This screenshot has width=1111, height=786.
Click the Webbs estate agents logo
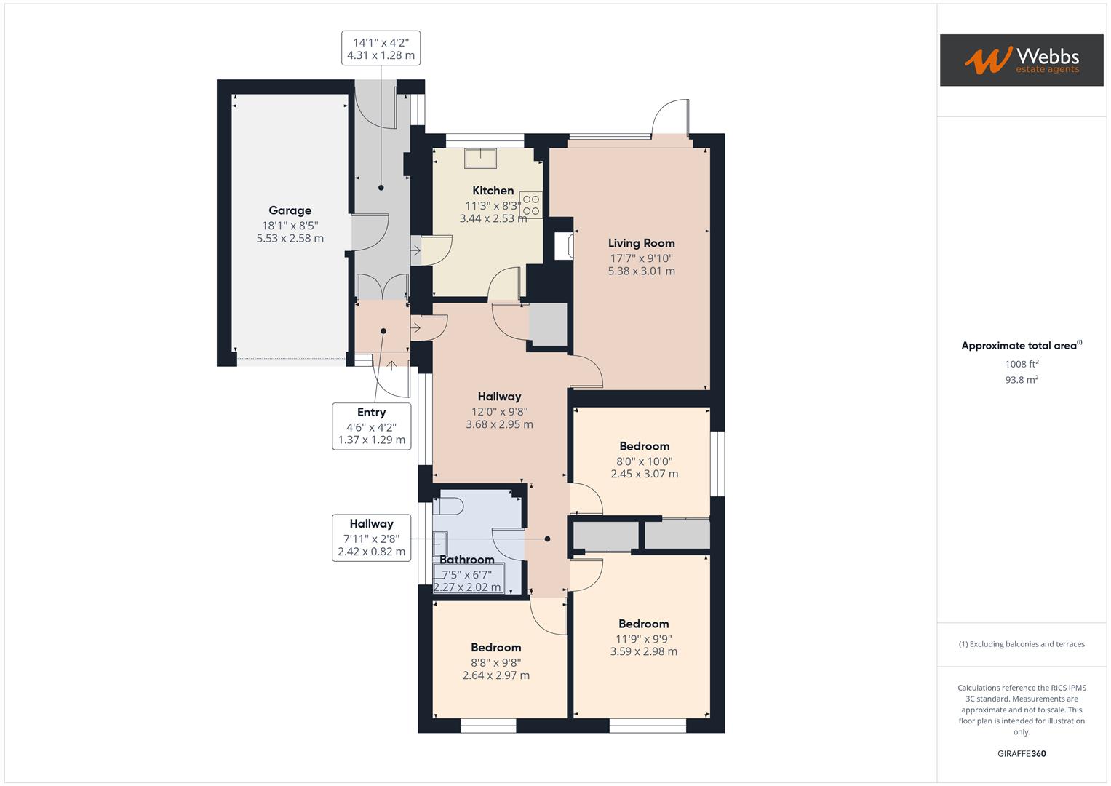(1021, 60)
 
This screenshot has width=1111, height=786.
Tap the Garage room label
(290, 210)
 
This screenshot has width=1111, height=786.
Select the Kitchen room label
(493, 191)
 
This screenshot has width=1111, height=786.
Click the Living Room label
(641, 243)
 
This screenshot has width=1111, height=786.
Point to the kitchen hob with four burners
(530, 205)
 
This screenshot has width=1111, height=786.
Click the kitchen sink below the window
(481, 158)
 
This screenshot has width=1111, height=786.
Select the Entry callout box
(371, 426)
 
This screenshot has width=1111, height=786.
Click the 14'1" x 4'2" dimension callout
(381, 49)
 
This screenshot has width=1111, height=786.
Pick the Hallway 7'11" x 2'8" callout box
(371, 538)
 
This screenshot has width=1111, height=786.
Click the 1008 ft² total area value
(1022, 364)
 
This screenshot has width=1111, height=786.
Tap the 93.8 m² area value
(1022, 380)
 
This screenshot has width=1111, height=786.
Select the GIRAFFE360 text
(1022, 754)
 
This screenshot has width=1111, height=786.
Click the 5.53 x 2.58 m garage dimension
(290, 239)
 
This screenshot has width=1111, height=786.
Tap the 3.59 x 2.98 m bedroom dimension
(643, 652)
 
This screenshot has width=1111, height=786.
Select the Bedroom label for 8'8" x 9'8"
(495, 648)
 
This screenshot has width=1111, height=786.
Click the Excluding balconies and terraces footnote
(1022, 644)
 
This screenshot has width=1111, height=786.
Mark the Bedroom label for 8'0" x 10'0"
(644, 446)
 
